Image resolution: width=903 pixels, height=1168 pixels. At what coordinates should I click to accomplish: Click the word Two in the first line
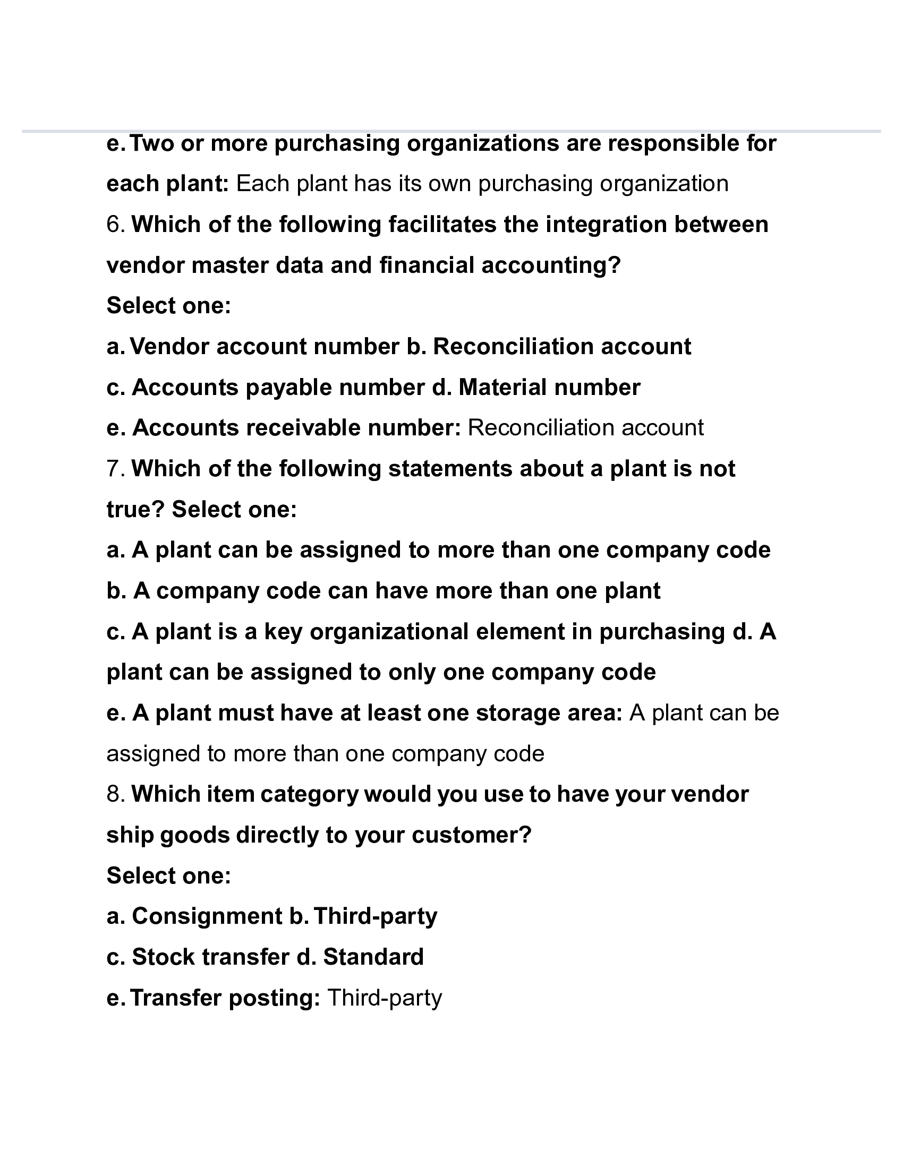pos(152,144)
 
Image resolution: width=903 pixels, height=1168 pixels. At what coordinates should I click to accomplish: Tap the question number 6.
pos(116,225)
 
